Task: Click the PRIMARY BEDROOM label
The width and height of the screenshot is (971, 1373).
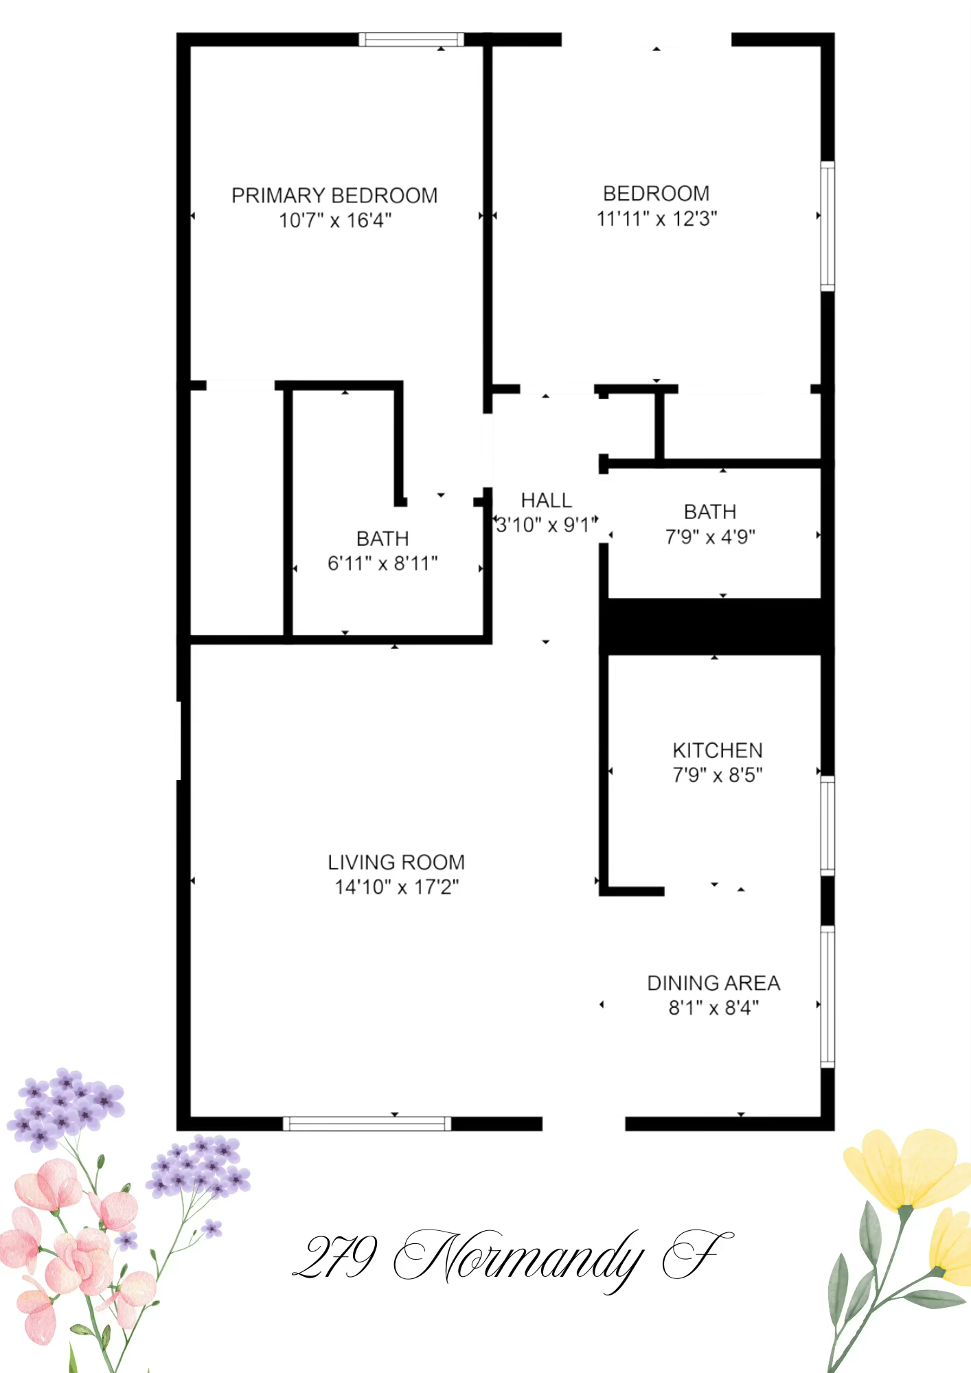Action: (334, 196)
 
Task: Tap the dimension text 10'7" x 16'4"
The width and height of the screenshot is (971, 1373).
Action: (335, 220)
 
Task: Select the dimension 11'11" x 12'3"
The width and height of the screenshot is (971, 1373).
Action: (657, 219)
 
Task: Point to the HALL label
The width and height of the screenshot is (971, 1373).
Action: (546, 500)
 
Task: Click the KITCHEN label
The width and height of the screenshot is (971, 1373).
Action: (718, 750)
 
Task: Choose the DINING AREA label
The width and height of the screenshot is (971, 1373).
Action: (713, 983)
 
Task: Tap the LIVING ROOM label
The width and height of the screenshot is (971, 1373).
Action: (396, 862)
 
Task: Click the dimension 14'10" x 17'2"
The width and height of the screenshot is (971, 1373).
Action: (397, 887)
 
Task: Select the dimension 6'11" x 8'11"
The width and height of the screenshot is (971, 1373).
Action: (382, 564)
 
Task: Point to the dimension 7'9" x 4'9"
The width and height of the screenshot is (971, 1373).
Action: (710, 537)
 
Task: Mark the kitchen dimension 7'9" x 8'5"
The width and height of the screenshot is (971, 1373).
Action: (718, 775)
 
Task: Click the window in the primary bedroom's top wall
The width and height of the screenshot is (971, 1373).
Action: (411, 39)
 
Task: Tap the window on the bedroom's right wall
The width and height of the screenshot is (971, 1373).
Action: (827, 226)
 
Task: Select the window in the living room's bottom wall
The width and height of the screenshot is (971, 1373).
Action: (367, 1124)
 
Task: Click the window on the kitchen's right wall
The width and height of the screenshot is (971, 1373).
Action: (827, 826)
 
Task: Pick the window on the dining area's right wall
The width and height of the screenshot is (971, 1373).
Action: (827, 997)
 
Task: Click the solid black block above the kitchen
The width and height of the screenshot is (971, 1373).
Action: (717, 625)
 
